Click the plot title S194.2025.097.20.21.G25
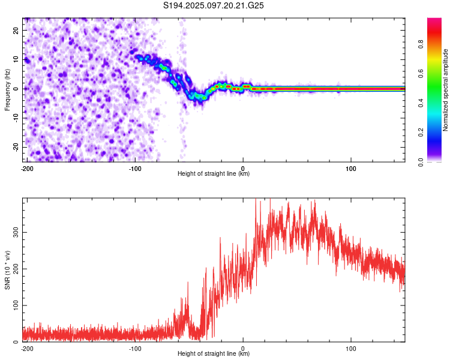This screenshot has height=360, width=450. pos(213,5)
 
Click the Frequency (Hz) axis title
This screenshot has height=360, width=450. pos(7,89)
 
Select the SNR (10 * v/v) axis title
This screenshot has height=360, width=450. pos(7,270)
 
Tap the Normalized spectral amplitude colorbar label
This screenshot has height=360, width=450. pos(445,90)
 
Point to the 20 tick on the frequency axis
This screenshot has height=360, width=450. pos(16,30)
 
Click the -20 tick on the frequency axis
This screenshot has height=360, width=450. pos(16,147)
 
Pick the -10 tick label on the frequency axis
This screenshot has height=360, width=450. pos(16,118)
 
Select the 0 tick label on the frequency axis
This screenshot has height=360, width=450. pos(16,89)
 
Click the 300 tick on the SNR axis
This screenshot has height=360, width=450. pos(16,233)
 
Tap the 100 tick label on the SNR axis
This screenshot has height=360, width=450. pos(16,305)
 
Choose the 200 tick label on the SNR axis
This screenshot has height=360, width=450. pos(16,269)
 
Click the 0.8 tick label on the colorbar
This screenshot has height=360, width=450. pos(421,44)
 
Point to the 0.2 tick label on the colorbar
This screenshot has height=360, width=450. pos(421,132)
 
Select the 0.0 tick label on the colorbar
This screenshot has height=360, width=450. pos(421,162)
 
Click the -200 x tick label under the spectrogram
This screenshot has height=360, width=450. pos(27,169)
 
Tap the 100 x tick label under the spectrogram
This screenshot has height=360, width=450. pos(351,169)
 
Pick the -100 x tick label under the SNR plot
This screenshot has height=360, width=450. pos(135,349)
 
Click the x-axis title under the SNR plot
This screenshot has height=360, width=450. pos(214,353)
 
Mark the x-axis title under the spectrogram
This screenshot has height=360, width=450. pos(214,173)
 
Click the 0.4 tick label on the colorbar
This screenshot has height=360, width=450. pos(421,103)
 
